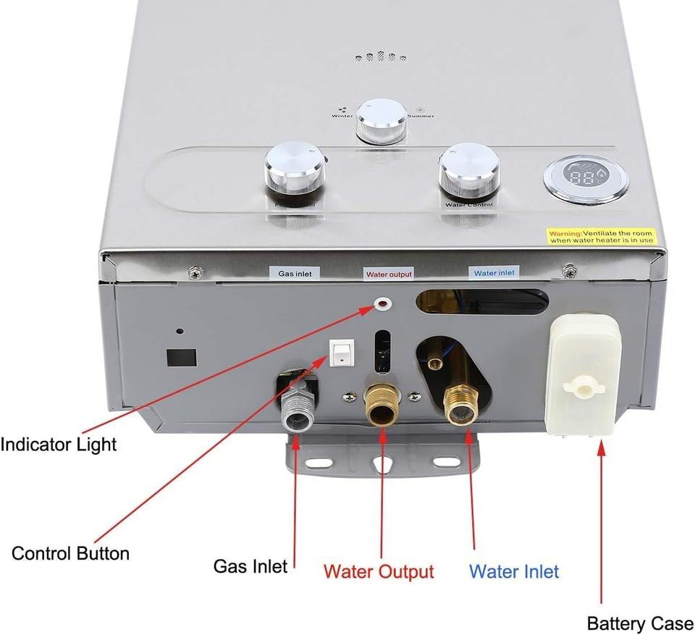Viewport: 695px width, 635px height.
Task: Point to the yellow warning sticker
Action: pyautogui.click(x=601, y=236)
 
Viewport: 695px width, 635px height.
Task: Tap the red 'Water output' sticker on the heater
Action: pyautogui.click(x=389, y=274)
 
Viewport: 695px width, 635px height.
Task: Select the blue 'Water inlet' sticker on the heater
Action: pyautogui.click(x=494, y=273)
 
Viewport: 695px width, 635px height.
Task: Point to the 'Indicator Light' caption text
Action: pyautogui.click(x=58, y=444)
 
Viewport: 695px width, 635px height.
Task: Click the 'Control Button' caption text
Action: pyautogui.click(x=70, y=554)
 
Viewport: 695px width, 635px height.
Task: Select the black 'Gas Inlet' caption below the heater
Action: pyautogui.click(x=250, y=565)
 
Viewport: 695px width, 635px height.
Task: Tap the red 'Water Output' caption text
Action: pyautogui.click(x=379, y=571)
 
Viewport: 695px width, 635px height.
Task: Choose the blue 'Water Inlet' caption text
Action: pyautogui.click(x=514, y=571)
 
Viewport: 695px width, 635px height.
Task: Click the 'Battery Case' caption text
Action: pyautogui.click(x=639, y=623)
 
